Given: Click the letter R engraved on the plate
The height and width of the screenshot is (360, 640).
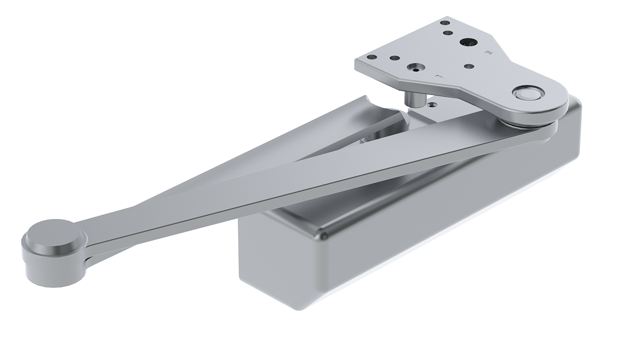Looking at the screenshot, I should [486, 53].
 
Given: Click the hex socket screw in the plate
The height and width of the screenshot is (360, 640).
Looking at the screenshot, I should [414, 68].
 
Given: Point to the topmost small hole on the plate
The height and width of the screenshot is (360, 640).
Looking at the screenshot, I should [443, 23].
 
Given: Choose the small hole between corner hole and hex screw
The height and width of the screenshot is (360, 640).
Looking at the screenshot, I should [394, 58].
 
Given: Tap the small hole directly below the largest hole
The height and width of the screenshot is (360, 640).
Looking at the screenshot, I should [469, 67].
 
